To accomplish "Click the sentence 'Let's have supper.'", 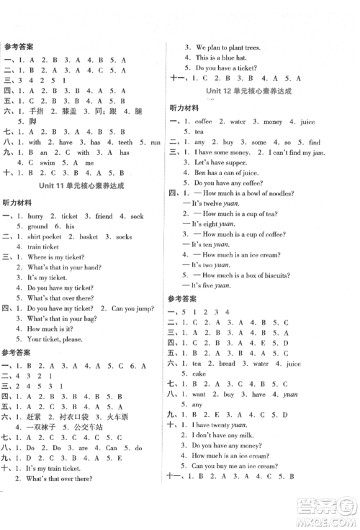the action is tap(222, 163).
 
